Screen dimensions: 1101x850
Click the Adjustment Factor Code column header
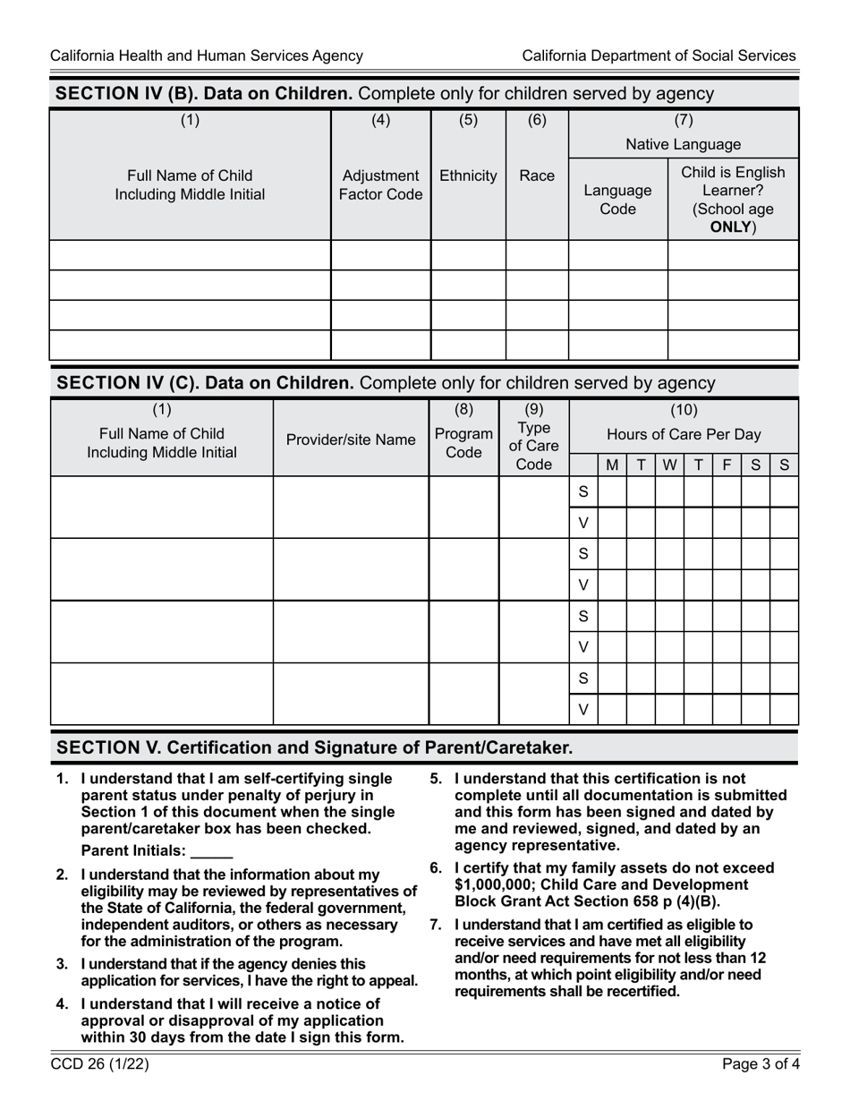(380, 184)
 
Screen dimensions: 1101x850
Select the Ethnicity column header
(468, 175)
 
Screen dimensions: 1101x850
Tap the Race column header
(537, 175)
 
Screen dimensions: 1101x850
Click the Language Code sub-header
(617, 200)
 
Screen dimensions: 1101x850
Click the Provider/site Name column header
(351, 440)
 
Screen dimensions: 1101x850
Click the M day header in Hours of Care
(612, 465)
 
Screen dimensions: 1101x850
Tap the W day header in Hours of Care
(669, 465)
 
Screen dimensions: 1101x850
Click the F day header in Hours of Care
(727, 465)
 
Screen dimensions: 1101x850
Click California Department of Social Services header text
(659, 55)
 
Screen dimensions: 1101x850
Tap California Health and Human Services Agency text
(207, 55)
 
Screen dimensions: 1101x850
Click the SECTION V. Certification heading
(315, 747)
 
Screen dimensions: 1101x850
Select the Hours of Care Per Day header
(684, 435)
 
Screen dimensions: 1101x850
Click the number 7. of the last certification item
(437, 925)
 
